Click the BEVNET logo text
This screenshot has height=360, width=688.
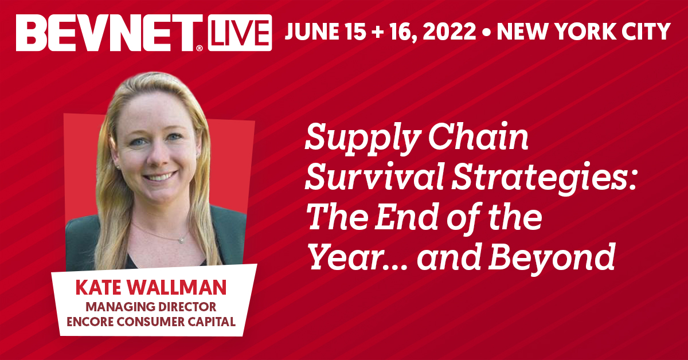pyautogui.click(x=109, y=33)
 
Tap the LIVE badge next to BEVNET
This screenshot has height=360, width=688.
pyautogui.click(x=240, y=33)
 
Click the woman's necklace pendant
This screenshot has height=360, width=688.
pyautogui.click(x=182, y=241)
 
